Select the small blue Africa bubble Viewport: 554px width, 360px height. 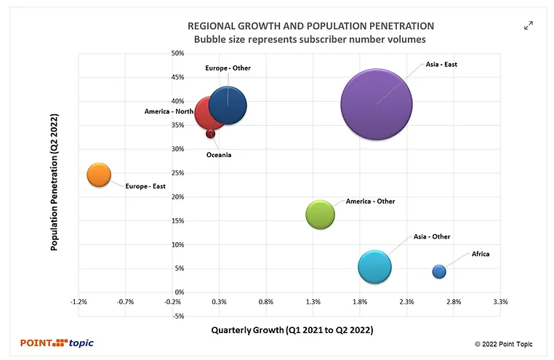pos(439,271)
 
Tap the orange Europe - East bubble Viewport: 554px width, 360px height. pos(99,175)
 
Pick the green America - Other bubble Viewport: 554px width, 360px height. pos(321,215)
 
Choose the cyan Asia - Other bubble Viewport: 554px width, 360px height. pos(375,266)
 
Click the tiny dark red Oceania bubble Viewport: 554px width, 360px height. pos(210,134)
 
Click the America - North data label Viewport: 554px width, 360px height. pos(169,111)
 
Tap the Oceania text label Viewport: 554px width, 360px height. pos(219,156)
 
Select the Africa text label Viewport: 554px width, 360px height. pos(481,254)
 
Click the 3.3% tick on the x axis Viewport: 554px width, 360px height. pos(500,301)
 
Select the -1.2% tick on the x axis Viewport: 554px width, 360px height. pos(79,301)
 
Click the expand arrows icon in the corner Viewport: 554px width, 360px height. pos(529,25)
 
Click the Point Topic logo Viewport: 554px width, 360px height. pos(57,343)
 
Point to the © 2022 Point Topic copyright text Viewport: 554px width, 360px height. pos(505,343)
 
